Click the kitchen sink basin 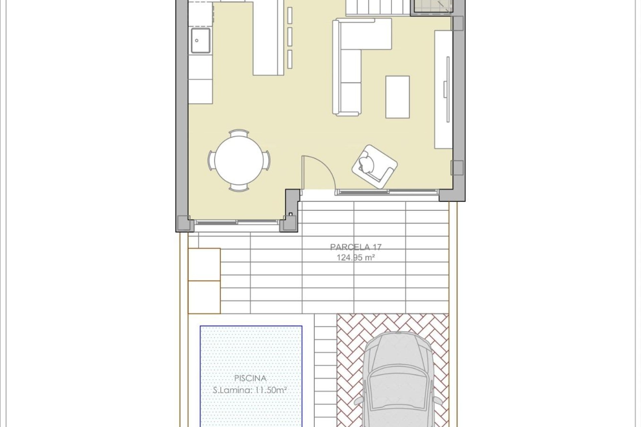pos(200,40)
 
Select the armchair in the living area pos(374,166)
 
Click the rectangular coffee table pos(397,97)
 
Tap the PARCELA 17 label pos(356,247)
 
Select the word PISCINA pos(250,378)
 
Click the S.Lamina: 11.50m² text pos(250,390)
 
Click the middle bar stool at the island pos(290,37)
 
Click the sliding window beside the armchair pos(387,192)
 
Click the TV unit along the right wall pos(443,89)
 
